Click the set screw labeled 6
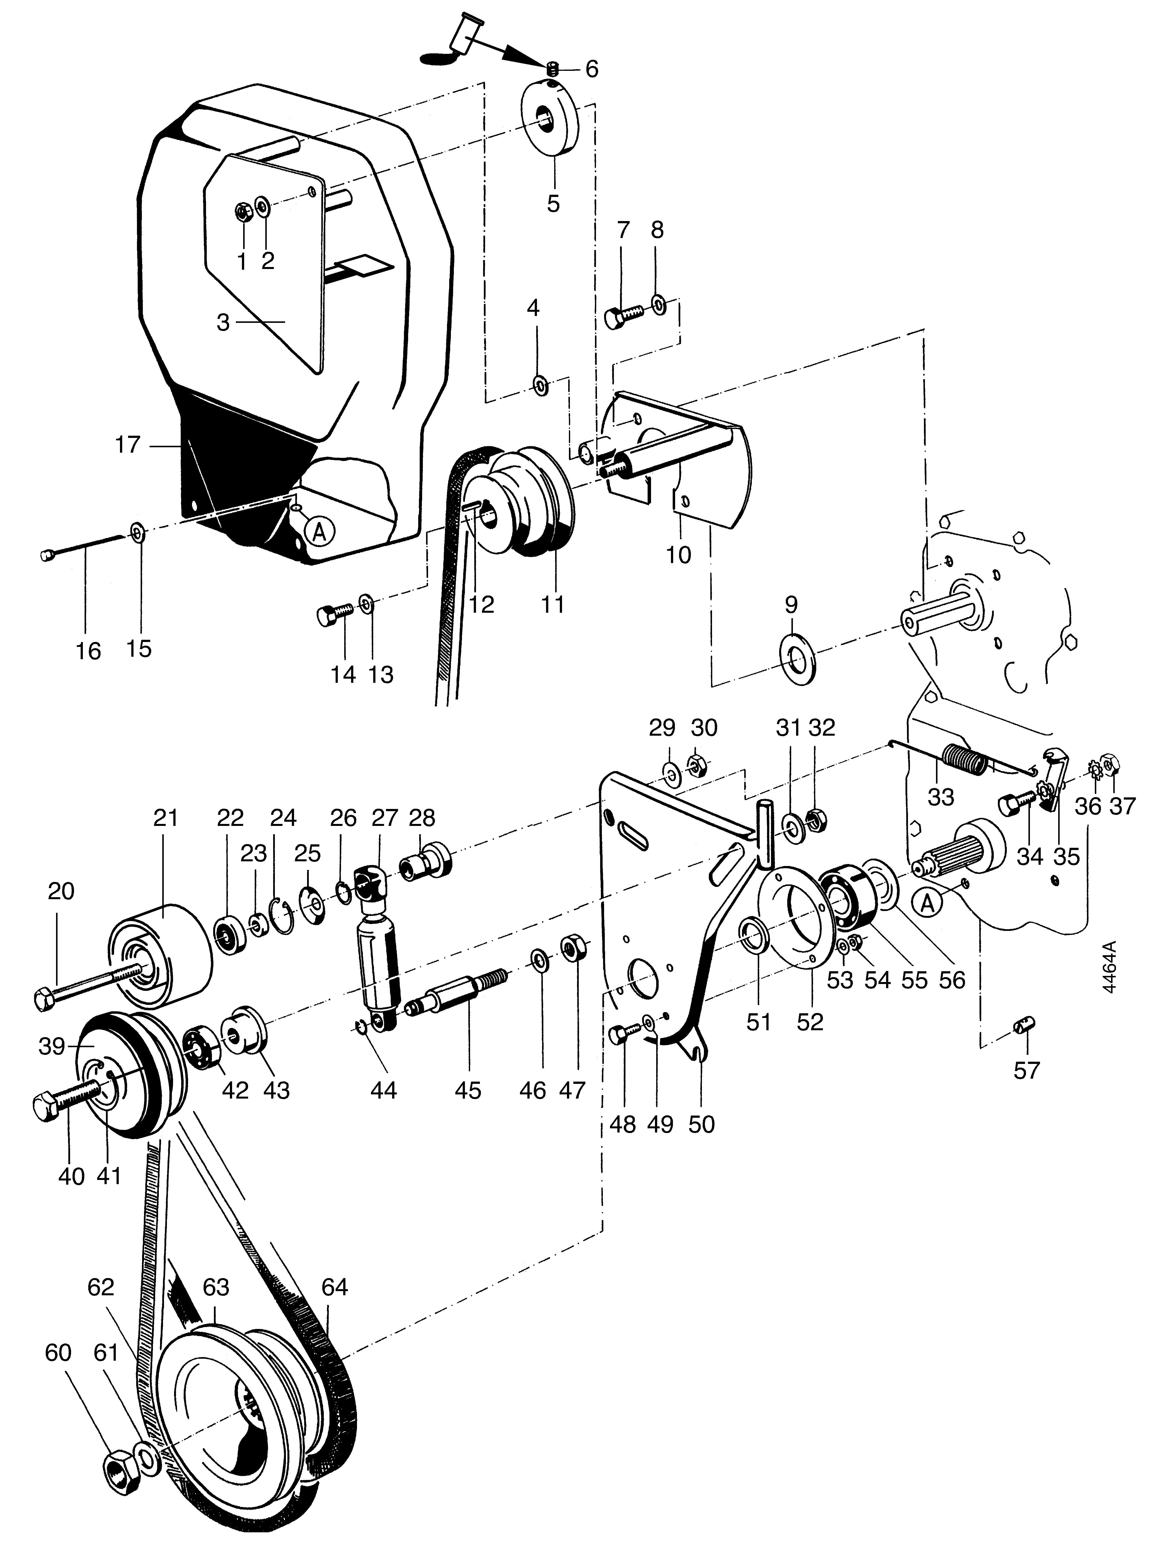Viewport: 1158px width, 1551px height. pyautogui.click(x=552, y=69)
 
